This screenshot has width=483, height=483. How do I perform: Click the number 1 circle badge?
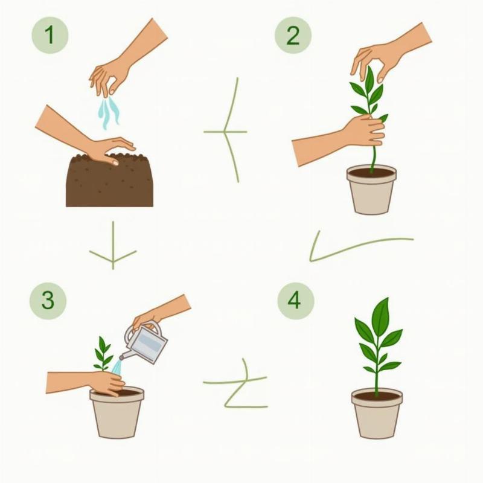[50, 35]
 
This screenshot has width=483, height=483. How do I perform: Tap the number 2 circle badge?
[293, 36]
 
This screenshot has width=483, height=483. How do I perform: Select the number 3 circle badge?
[48, 300]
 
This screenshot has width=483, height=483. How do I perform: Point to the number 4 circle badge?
[296, 300]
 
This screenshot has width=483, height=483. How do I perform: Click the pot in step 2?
[371, 190]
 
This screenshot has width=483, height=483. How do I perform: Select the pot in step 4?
[377, 414]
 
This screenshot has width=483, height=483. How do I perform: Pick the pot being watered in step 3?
[117, 413]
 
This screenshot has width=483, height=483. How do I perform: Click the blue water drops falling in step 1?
[108, 113]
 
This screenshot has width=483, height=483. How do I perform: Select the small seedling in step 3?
[103, 354]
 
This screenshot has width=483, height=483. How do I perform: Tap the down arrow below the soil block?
[113, 246]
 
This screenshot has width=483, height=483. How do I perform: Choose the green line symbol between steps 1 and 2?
[227, 132]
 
